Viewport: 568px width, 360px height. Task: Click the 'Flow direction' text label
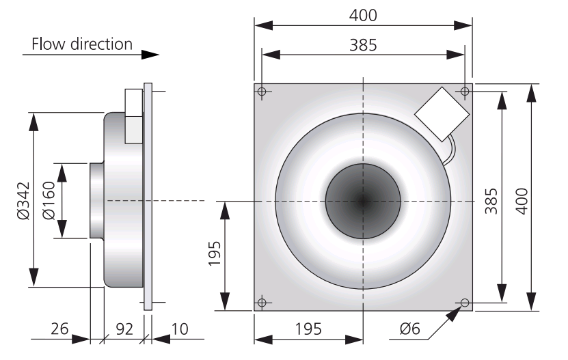[x=82, y=44]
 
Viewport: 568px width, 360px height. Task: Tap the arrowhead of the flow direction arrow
[x=150, y=55]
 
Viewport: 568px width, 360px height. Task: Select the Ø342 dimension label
[x=23, y=201]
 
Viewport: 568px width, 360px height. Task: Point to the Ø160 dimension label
[x=49, y=201]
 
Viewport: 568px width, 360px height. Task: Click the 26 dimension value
[x=59, y=329]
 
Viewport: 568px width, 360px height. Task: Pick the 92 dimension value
[x=124, y=329]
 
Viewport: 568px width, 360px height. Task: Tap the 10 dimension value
[x=180, y=329]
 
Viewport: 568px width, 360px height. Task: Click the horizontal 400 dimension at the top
[x=363, y=15]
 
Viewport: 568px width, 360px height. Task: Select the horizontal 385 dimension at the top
[x=363, y=45]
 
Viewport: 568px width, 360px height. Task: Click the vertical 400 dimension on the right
[x=522, y=202]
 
